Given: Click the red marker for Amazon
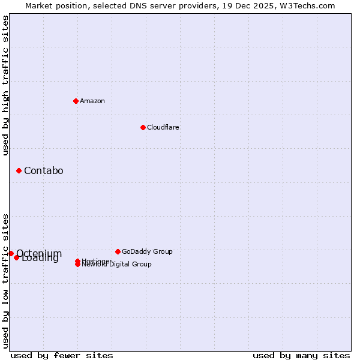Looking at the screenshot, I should (76, 101).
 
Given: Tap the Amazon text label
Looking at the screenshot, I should (92, 101).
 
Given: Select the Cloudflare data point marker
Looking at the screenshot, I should (143, 127).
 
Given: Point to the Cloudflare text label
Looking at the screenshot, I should (163, 127).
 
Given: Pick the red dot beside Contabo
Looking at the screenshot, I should (19, 171).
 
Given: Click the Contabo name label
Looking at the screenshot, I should (43, 171).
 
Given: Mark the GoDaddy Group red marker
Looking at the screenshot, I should (118, 251).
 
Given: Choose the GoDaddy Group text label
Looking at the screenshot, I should (147, 251).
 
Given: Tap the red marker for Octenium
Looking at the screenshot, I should (11, 253).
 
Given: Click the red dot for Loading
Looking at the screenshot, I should (17, 257).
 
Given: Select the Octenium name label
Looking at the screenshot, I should (40, 253).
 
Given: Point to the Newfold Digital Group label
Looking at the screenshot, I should (118, 265).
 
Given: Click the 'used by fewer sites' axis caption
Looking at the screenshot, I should (62, 355).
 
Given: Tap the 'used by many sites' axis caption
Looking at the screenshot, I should (301, 355).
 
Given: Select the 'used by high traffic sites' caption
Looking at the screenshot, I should (5, 85).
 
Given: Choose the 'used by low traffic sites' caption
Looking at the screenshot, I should (5, 280).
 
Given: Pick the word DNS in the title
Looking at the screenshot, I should (132, 5).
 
